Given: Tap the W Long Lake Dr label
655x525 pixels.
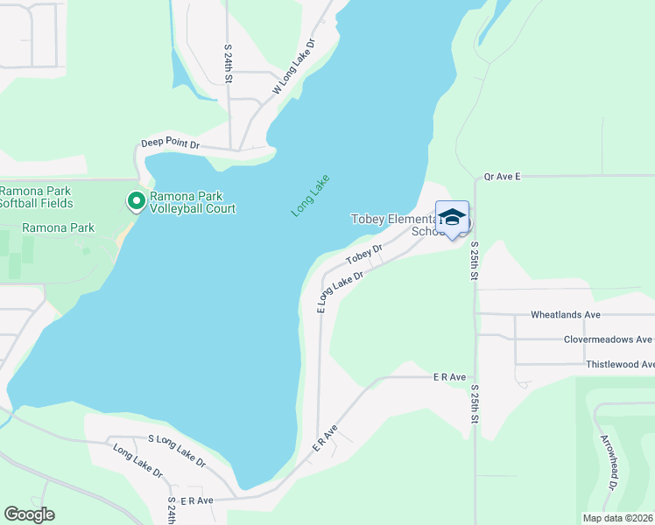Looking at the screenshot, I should (x=293, y=66).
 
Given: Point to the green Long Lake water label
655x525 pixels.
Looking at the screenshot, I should (x=310, y=195).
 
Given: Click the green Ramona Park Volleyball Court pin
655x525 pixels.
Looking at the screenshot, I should (x=137, y=201).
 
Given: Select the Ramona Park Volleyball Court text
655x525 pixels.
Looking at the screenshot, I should (x=192, y=202).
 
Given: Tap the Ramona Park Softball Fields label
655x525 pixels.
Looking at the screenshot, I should (x=36, y=197).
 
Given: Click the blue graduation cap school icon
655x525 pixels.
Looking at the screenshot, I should (x=452, y=218).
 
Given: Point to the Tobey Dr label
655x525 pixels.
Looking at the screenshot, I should (x=364, y=254).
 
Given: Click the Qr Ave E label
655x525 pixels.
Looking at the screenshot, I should (x=502, y=177).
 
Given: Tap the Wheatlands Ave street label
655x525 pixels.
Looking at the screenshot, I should (x=565, y=314).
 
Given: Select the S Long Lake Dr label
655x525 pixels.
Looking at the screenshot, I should (x=176, y=450).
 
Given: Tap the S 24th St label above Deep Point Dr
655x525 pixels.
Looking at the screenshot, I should (x=228, y=63).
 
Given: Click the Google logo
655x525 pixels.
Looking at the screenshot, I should (x=29, y=514).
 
